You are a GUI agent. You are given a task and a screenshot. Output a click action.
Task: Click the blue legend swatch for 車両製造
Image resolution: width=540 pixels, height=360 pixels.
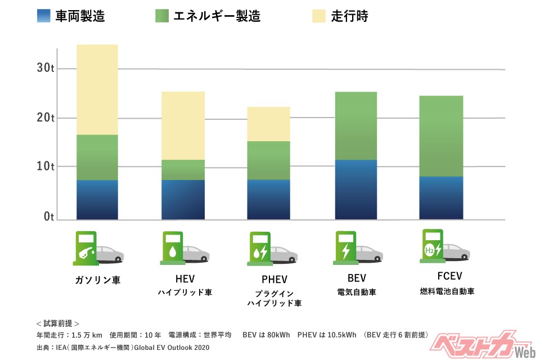(x=44, y=16)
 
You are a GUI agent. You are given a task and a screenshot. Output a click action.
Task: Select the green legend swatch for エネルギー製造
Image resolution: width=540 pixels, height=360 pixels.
(x=162, y=16)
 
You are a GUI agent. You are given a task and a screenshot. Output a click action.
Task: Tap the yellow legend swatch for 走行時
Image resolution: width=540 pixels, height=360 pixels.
(x=318, y=16)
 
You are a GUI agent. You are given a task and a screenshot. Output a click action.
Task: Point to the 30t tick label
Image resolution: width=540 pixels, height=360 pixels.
(x=45, y=68)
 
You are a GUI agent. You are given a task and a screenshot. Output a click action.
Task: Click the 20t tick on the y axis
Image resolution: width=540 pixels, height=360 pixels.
(x=45, y=118)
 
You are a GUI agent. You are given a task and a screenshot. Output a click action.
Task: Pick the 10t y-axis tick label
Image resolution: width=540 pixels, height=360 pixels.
(x=45, y=166)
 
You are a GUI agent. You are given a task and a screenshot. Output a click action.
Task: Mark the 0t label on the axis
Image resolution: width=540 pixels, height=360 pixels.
(x=48, y=217)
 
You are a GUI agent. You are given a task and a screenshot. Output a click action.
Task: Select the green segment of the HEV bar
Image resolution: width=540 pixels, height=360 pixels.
(x=183, y=169)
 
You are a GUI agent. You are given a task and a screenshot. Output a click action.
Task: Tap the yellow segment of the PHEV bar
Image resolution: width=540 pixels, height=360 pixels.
(x=268, y=124)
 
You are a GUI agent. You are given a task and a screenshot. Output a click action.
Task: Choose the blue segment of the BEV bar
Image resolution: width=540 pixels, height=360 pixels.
(x=355, y=189)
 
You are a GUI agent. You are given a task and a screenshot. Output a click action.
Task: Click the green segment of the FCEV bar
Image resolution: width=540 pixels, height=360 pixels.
(x=441, y=136)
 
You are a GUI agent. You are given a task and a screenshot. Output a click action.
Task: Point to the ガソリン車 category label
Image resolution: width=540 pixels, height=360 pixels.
(x=97, y=280)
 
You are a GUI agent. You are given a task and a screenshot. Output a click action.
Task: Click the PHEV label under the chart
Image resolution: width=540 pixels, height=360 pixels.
(x=274, y=279)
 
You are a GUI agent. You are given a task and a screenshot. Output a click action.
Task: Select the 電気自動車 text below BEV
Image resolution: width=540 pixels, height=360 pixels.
(x=357, y=292)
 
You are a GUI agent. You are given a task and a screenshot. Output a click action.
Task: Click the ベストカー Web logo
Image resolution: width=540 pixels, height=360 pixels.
(x=478, y=343)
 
